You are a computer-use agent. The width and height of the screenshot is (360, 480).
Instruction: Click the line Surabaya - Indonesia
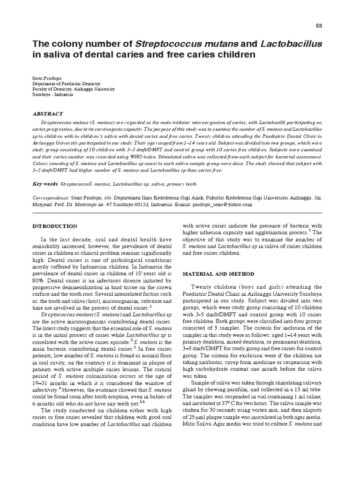click(53, 94)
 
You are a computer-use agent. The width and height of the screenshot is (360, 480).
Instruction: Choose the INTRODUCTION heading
click(54, 226)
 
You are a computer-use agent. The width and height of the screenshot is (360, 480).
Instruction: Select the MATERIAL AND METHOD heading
click(218, 273)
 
